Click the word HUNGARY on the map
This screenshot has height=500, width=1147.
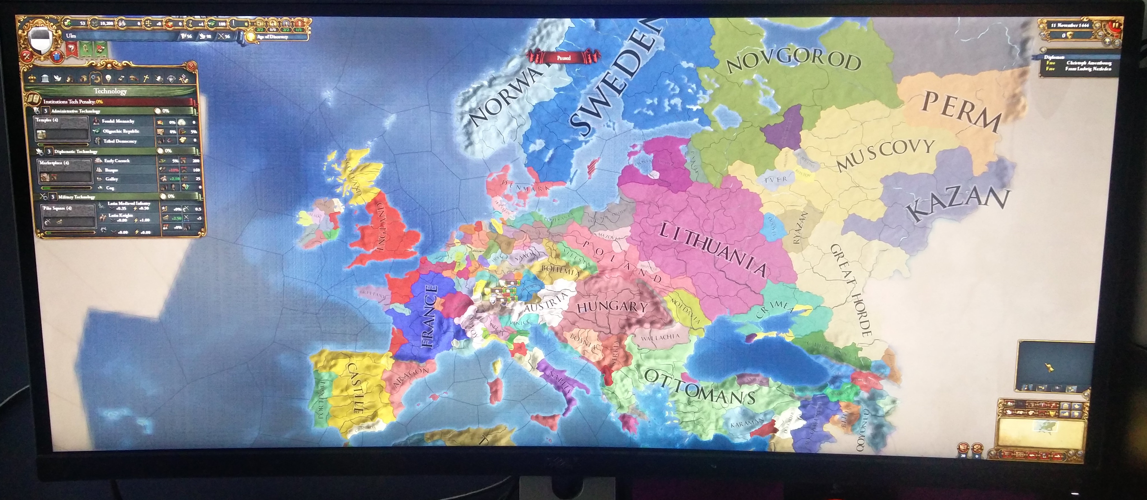point(612,307)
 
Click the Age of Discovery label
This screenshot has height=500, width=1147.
point(272,37)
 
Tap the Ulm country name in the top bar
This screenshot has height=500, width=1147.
point(71,35)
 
